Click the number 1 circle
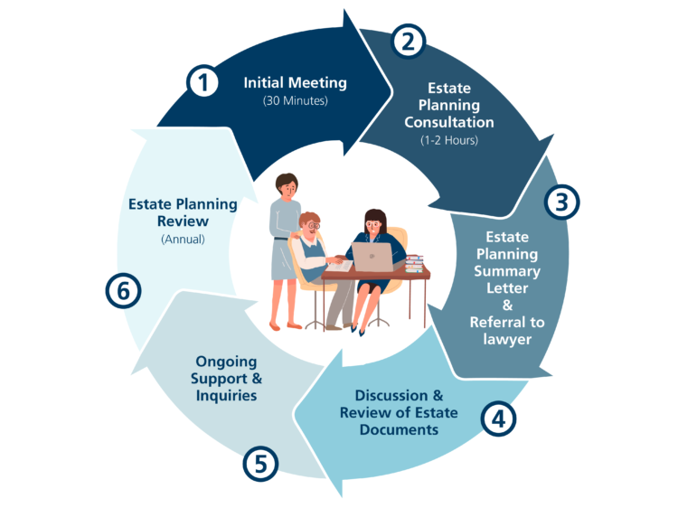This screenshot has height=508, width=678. tap(203, 83)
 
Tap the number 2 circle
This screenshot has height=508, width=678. tap(408, 41)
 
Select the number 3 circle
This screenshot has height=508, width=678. tap(561, 202)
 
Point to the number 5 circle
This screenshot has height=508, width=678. tap(260, 464)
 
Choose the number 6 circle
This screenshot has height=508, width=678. tap(123, 291)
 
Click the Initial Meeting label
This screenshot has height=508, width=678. tap(295, 83)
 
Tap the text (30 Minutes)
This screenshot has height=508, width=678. tap(295, 101)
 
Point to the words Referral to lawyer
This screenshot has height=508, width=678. tap(507, 330)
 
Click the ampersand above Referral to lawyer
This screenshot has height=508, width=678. tap(507, 304)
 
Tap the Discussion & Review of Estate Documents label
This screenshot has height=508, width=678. tap(399, 413)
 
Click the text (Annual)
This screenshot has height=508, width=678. tap(183, 240)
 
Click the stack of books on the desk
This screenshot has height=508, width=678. tap(414, 263)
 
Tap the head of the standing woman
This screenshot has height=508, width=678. tap(287, 184)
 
